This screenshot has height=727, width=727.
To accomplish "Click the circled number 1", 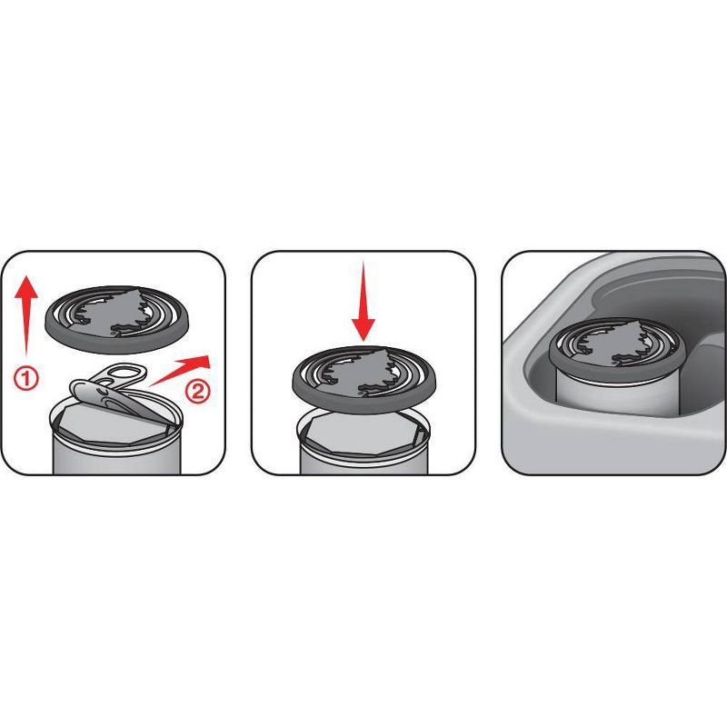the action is coord(26,378).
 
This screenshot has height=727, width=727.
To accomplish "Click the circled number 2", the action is coord(197,392).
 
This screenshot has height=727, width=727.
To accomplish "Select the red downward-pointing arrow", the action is coord(363,302).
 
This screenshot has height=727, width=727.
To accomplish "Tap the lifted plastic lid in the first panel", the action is coord(116,320).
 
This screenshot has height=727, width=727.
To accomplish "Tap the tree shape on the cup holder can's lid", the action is coord(612,344).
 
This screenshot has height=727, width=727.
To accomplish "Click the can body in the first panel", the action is coord(116,452).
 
